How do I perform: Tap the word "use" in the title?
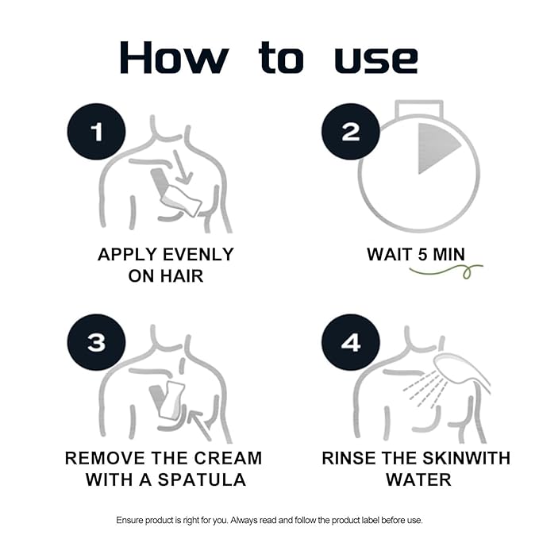[x=376, y=60]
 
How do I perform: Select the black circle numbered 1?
[x=97, y=132]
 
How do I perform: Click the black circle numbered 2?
[x=351, y=132]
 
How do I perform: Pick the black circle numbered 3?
[x=97, y=342]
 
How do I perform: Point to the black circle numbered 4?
[x=351, y=342]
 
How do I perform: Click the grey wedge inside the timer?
[x=435, y=148]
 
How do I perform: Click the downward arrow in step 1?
[x=182, y=167]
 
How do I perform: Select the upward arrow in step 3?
[x=199, y=424]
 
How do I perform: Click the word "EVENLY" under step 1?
[x=198, y=255]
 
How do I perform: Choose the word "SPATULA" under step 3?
[x=202, y=479]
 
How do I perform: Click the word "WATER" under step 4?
[x=418, y=479]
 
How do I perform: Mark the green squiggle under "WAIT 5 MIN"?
[x=446, y=271]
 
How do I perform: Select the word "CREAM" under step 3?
[x=228, y=458]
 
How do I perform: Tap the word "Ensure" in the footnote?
[x=129, y=520]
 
